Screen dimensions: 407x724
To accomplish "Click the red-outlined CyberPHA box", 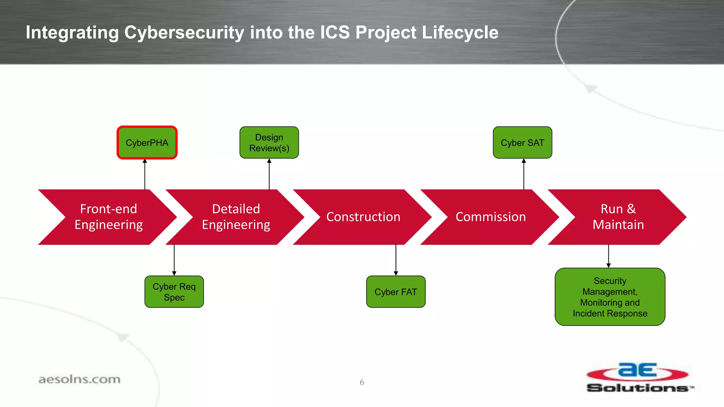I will click(147, 143).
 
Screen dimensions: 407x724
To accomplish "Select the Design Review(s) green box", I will click(269, 143).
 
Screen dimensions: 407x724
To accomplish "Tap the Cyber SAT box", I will click(522, 143).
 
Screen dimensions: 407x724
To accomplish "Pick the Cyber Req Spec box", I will click(174, 292).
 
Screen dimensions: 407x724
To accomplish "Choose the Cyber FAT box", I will click(396, 292).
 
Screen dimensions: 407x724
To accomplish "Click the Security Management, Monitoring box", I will click(610, 297).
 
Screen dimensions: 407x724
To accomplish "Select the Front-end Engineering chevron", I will click(108, 217).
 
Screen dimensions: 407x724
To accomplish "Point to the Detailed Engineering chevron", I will click(236, 217).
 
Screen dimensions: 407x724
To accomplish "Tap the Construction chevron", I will click(363, 217).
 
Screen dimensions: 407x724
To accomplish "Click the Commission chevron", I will click(490, 217).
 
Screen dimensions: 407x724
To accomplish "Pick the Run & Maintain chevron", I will click(618, 217).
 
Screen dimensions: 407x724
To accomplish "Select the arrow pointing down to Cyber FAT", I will click(396, 260).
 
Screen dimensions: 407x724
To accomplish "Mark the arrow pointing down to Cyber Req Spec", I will click(174, 260).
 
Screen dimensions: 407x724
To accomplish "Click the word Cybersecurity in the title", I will click(184, 33).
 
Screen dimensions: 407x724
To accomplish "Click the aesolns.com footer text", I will click(79, 379).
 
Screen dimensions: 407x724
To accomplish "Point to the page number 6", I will click(362, 382).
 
